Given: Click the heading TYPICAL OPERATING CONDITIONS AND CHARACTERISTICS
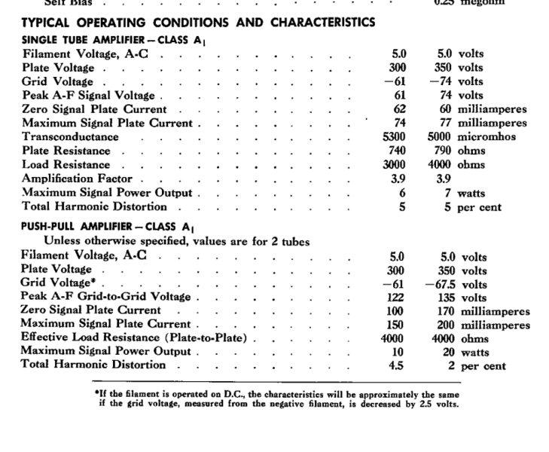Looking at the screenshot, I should (x=198, y=23).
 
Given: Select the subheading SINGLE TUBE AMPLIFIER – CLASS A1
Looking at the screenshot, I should (x=105, y=40).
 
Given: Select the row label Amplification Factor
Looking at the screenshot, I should (x=77, y=179).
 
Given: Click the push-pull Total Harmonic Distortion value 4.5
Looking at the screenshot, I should (x=398, y=365).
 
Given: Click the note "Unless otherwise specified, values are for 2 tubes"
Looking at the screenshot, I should (x=176, y=241).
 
